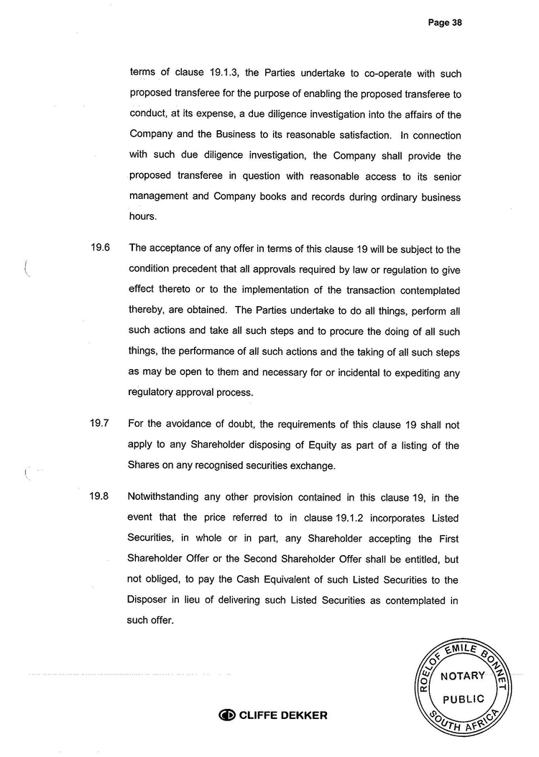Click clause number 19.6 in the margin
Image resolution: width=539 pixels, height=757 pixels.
pos(99,249)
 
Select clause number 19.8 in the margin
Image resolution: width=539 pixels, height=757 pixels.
pos(99,496)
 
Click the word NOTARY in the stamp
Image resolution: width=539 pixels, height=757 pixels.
pos(463,677)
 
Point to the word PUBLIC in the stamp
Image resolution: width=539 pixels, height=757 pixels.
pos(463,699)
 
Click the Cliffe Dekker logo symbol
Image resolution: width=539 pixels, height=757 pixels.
pos(228,715)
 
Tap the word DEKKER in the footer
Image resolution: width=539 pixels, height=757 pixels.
pos(301,715)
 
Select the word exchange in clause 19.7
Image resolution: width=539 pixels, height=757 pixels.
pos(312,465)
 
